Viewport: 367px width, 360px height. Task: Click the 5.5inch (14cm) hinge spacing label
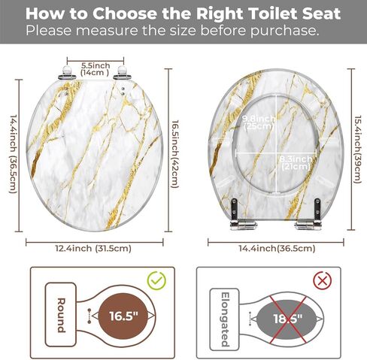(96, 69)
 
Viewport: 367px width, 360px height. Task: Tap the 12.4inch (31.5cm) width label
(93, 249)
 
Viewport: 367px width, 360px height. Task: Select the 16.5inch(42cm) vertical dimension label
(174, 154)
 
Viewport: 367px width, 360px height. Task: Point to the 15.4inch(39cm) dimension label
(358, 150)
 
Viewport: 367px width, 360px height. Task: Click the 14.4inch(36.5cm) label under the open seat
(277, 249)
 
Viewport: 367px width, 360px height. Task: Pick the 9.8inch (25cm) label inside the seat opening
(259, 123)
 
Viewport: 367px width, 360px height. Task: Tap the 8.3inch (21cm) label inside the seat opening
(296, 163)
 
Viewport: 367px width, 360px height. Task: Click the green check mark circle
(156, 280)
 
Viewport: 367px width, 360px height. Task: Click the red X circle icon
(323, 280)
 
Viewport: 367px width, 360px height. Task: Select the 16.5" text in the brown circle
(123, 316)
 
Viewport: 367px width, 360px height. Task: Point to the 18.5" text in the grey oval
(288, 319)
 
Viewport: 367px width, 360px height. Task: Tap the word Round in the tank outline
(61, 315)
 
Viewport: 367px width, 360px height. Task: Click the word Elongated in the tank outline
(225, 319)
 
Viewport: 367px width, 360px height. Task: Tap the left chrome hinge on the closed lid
(67, 74)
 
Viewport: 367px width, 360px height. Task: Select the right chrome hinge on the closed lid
(122, 74)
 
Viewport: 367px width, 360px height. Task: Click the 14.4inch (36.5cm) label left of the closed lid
(14, 154)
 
